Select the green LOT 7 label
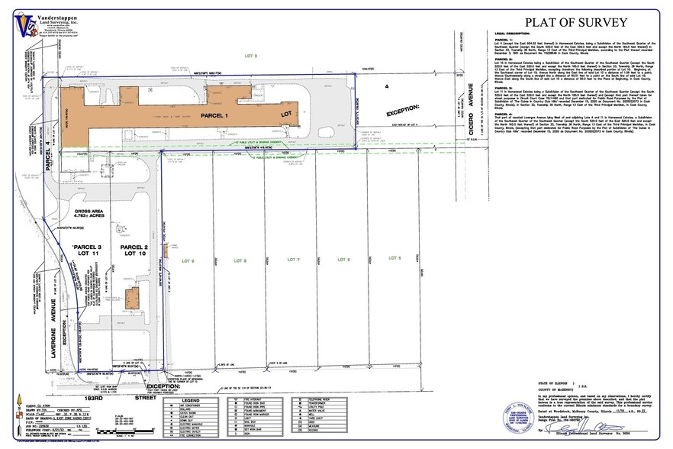[291, 260]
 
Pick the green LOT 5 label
[394, 260]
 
